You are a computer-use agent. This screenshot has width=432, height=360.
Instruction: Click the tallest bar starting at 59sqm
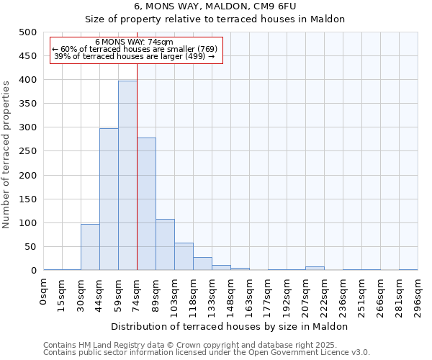pyautogui.click(x=127, y=176)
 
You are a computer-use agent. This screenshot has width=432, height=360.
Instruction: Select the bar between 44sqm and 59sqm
pyautogui.click(x=109, y=199)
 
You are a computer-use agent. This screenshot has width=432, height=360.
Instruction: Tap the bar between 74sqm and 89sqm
pyautogui.click(x=146, y=204)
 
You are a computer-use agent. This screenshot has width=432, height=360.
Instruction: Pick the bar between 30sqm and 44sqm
pyautogui.click(x=90, y=247)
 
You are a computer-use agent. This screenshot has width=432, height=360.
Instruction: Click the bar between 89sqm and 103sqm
pyautogui.click(x=165, y=245)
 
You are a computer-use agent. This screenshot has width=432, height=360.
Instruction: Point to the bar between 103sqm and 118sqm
pyautogui.click(x=184, y=256)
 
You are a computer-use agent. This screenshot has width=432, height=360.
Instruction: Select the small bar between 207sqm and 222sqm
pyautogui.click(x=315, y=268)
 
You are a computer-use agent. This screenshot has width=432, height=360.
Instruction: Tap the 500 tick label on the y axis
pyautogui.click(x=28, y=32)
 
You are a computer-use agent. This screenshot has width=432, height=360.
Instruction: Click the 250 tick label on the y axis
pyautogui.click(x=28, y=151)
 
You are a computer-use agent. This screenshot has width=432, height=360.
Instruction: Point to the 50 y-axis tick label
pyautogui.click(x=31, y=247)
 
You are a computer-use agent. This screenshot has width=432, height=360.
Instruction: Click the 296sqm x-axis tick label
pyautogui.click(x=418, y=295)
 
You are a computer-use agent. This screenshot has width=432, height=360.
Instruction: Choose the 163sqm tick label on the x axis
pyautogui.click(x=249, y=295)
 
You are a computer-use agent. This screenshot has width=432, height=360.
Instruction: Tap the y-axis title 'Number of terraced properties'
pyautogui.click(x=6, y=154)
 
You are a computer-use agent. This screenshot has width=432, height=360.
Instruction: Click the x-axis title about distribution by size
pyautogui.click(x=230, y=326)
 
